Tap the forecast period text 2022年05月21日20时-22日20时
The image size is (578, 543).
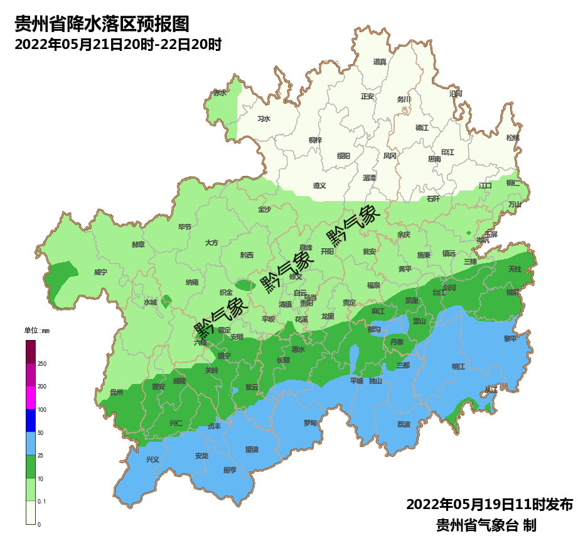click(x=117, y=45)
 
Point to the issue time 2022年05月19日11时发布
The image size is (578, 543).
click(x=489, y=505)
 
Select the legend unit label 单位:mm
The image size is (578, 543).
click(x=36, y=331)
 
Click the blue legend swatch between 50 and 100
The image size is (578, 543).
click(x=31, y=420)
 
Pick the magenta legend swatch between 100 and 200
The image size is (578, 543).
click(x=31, y=398)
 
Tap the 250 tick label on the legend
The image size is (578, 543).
click(x=42, y=364)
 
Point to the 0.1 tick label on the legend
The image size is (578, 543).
click(x=42, y=501)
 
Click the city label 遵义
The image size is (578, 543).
click(x=319, y=185)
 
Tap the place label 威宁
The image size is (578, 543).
click(x=100, y=272)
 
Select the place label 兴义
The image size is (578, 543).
click(x=153, y=459)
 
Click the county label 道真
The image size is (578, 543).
click(x=380, y=62)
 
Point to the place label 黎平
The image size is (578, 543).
click(x=511, y=338)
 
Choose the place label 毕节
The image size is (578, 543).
click(x=185, y=227)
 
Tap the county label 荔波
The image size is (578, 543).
click(x=404, y=424)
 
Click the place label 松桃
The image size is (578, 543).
click(x=513, y=138)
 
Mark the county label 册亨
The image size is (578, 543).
click(x=230, y=470)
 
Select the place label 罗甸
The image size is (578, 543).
click(x=310, y=423)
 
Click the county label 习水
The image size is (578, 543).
click(x=264, y=119)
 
